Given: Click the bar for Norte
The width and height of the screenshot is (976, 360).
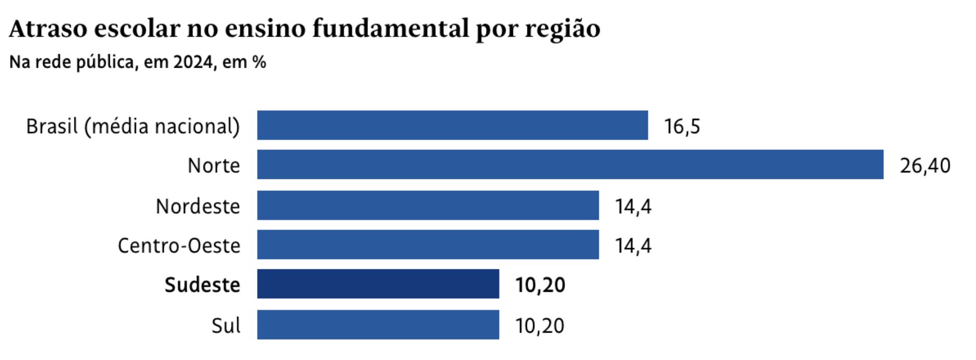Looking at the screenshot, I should tap(570, 164).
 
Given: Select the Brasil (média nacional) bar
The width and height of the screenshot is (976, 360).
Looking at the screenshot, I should tap(452, 125).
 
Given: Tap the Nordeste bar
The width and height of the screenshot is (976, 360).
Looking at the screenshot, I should tap(428, 205).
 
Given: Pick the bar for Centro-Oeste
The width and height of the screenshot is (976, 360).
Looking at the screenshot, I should tap(428, 245).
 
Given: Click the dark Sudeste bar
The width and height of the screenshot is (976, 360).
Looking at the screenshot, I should tap(378, 284).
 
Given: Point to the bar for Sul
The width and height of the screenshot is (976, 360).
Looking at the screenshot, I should tap(378, 325).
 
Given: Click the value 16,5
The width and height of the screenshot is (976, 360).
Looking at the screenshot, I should tap(682, 126).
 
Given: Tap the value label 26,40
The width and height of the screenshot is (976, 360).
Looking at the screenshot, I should tap(925, 166).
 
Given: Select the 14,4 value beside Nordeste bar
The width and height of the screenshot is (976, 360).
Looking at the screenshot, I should tap(633, 207).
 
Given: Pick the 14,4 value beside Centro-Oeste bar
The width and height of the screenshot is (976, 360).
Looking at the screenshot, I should tap(633, 246).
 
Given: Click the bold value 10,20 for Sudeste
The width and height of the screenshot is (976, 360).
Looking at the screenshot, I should tap(540, 285).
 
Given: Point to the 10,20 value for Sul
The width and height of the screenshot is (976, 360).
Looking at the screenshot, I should tap(540, 326).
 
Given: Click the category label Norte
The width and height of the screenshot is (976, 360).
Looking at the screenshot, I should tap(214, 166).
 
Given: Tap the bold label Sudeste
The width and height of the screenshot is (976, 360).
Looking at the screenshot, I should tap(202, 285).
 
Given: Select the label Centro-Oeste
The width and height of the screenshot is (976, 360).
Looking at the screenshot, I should tap(179, 246).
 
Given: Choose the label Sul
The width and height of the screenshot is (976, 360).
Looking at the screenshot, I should tap(226, 326).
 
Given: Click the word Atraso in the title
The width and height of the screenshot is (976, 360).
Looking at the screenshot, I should tap(48, 29).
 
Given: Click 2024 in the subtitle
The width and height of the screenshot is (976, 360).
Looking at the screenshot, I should tap(193, 62).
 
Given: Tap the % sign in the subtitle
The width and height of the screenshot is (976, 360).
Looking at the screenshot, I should tap(259, 62).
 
